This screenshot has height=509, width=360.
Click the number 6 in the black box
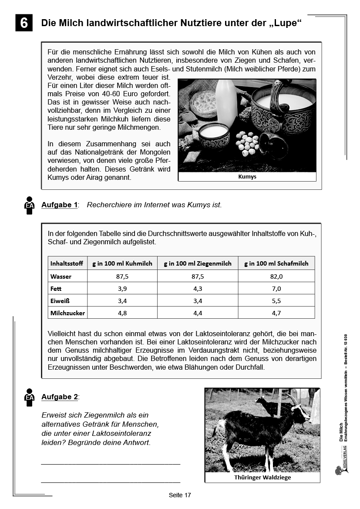pyautogui.click(x=24, y=23)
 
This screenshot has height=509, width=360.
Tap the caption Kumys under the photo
pyautogui.click(x=247, y=177)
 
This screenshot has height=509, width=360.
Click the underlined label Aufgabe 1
pyautogui.click(x=59, y=205)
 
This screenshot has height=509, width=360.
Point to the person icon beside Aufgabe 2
pyautogui.click(x=29, y=397)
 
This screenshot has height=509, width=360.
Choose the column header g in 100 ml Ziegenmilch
pyautogui.click(x=197, y=263)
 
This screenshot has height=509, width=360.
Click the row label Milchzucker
pyautogui.click(x=67, y=313)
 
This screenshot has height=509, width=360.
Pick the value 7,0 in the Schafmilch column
pyautogui.click(x=276, y=288)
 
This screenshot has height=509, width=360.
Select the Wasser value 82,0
pyautogui.click(x=276, y=276)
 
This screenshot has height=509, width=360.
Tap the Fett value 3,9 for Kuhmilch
pyautogui.click(x=122, y=288)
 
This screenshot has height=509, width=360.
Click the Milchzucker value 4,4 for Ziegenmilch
pyautogui.click(x=197, y=313)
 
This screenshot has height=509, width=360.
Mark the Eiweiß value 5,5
pyautogui.click(x=276, y=300)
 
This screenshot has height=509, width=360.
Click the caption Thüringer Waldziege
pyautogui.click(x=262, y=477)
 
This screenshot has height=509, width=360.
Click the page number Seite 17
pyautogui.click(x=180, y=495)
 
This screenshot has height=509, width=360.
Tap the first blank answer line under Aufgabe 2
pyautogui.click(x=111, y=464)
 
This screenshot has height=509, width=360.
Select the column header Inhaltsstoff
pyautogui.click(x=67, y=263)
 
